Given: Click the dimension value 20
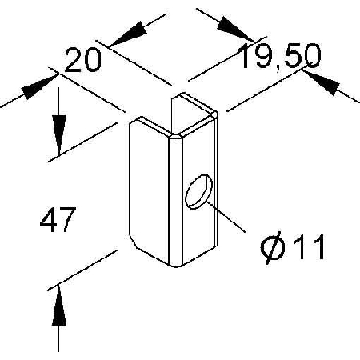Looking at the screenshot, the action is (83, 60).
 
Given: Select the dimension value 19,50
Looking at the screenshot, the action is (280, 57).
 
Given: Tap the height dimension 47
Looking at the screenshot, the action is (58, 219).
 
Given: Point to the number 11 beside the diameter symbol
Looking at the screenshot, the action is (310, 246).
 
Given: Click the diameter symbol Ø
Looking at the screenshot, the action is (273, 247).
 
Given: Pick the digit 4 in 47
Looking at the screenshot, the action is (49, 219).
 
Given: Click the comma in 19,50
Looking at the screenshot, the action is (278, 69).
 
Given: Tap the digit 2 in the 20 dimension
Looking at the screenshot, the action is (73, 60).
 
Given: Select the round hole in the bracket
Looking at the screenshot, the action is (199, 191).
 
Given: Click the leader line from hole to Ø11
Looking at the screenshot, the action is (226, 217).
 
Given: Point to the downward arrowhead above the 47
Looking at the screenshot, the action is (58, 134).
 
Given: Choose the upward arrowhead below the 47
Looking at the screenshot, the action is (58, 306).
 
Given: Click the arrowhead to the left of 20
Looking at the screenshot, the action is (39, 87).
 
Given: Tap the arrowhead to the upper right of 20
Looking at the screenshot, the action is (130, 34).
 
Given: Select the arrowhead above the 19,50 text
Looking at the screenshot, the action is (235, 29).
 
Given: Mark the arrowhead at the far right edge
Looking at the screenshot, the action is (322, 82).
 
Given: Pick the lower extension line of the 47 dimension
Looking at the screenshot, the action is (82, 270).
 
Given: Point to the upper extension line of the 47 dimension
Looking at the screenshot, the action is (82, 142).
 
